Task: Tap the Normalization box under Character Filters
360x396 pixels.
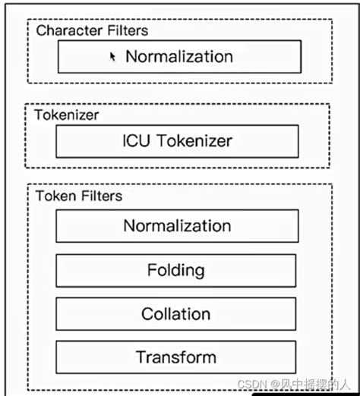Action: [x=179, y=56]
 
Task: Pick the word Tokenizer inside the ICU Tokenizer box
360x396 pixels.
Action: [x=194, y=140]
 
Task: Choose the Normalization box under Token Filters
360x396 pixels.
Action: [x=177, y=225]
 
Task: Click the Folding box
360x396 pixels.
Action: [x=176, y=270]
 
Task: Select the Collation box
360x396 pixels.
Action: [x=176, y=314]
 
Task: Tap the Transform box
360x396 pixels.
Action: [x=176, y=357]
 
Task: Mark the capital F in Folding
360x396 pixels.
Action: [x=153, y=270]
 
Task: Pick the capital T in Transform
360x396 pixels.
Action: [x=141, y=357]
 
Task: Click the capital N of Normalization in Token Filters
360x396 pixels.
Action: [x=129, y=225]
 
